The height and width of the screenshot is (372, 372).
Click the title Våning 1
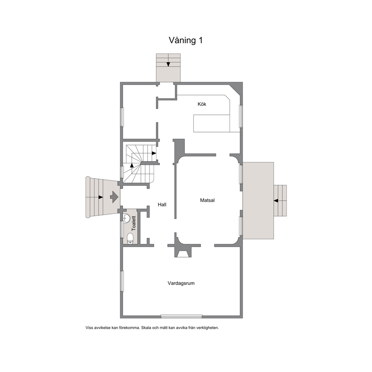click(x=186, y=40)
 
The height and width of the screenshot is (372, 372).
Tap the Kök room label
click(x=202, y=104)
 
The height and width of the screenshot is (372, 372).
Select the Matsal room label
click(x=207, y=200)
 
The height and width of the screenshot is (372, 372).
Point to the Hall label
click(x=162, y=204)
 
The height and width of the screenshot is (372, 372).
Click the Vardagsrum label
click(x=181, y=283)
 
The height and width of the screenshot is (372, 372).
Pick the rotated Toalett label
click(x=134, y=223)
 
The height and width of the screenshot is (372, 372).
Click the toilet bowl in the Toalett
click(x=130, y=238)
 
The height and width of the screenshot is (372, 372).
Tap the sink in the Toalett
click(x=127, y=218)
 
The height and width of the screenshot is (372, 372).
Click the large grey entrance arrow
click(x=114, y=196)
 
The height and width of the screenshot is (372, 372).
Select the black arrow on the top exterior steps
click(x=168, y=64)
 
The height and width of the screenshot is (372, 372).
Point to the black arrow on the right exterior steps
click(x=276, y=201)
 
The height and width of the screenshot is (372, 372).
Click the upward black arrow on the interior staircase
click(x=132, y=165)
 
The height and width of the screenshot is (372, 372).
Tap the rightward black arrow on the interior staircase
click(x=154, y=153)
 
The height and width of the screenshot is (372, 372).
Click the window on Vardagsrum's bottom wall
click(x=181, y=316)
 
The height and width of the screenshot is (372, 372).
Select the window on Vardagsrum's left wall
click(x=122, y=281)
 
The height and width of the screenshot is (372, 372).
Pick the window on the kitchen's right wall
click(x=241, y=116)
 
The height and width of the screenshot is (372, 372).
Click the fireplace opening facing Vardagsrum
click(x=183, y=254)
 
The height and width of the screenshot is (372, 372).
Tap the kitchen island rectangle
click(x=211, y=123)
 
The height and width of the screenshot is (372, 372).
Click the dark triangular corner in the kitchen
click(x=237, y=87)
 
